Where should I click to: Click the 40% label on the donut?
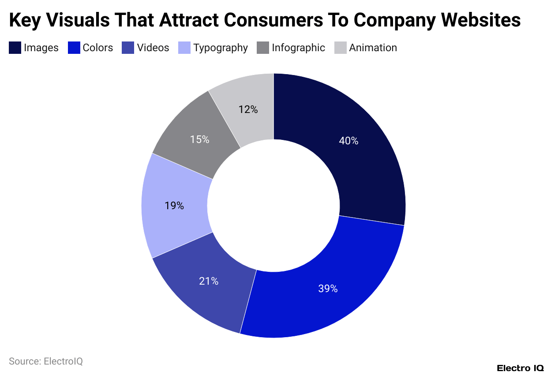[348, 141]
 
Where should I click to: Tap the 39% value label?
[328, 289]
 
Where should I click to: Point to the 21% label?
[209, 281]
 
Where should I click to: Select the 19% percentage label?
[175, 205]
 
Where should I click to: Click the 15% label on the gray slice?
[199, 139]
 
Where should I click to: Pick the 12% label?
[248, 109]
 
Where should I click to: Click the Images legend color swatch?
[15, 48]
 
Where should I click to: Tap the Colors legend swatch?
[74, 48]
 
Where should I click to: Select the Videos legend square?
[128, 48]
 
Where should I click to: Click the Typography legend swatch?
[184, 48]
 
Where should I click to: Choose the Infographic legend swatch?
[263, 48]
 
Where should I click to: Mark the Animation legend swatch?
[341, 48]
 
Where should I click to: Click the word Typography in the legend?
[221, 48]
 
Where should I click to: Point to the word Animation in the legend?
[373, 48]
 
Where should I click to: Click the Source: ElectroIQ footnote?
[46, 361]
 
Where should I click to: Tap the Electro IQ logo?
[520, 368]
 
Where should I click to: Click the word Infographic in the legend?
[299, 48]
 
